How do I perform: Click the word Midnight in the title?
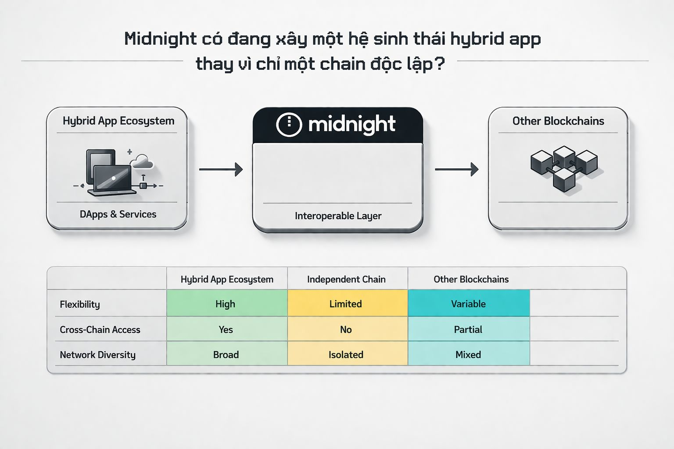[160, 39]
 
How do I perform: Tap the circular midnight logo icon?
[289, 125]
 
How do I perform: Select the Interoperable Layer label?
[338, 216]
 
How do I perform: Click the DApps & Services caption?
[118, 214]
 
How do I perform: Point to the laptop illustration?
[111, 180]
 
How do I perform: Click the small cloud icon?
[142, 161]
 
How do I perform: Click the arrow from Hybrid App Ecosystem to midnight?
[221, 169]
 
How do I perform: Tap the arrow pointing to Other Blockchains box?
[456, 169]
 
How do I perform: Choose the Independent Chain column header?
[346, 279]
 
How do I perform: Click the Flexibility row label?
[80, 304]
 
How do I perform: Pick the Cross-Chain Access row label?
[100, 330]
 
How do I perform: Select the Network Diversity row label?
[97, 355]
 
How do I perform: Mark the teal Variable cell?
[468, 303]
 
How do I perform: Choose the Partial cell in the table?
[468, 329]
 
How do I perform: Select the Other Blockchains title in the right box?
[558, 121]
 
